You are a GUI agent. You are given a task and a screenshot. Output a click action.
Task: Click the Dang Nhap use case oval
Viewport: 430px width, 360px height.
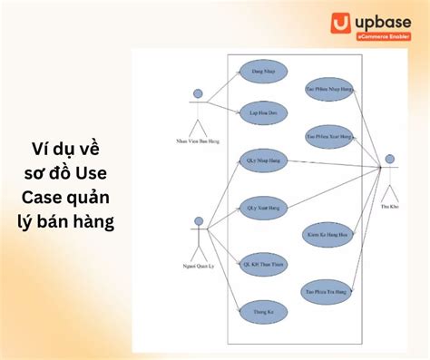click(x=263, y=71)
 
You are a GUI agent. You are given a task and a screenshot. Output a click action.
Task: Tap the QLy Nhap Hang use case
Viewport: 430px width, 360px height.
click(x=263, y=161)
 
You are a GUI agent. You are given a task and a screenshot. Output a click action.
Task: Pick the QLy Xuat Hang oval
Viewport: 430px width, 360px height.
click(x=263, y=208)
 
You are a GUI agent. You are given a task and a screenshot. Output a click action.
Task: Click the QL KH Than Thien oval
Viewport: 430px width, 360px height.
click(x=262, y=264)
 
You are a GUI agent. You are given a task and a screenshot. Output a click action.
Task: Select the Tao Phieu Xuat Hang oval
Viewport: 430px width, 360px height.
click(x=327, y=136)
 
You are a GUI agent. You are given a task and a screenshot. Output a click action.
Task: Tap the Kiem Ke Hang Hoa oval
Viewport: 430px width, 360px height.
click(x=327, y=235)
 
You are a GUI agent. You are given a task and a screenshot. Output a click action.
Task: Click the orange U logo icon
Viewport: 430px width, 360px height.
click(x=339, y=24)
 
